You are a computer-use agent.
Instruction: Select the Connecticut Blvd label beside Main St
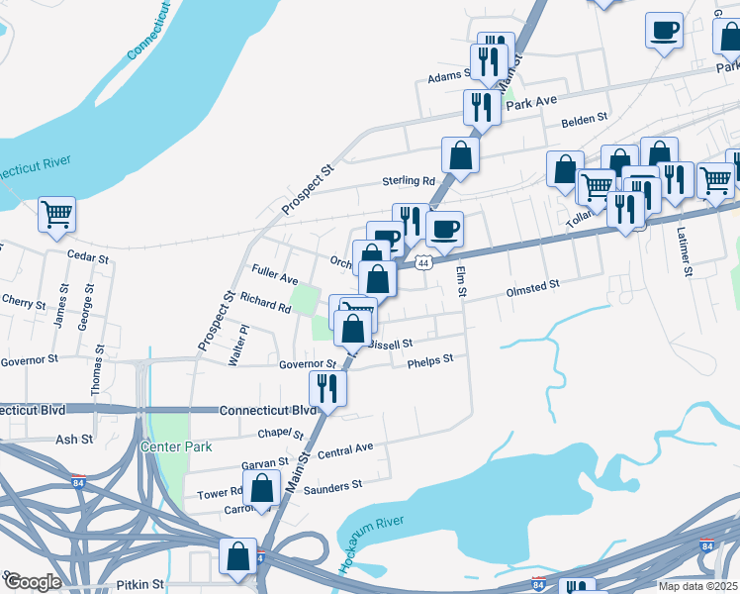pyautogui.click(x=268, y=410)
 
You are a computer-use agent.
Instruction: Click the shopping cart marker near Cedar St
pyautogui.click(x=57, y=213)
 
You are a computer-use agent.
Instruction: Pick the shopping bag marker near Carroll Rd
pyautogui.click(x=262, y=489)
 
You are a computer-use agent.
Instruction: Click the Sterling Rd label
pyautogui.click(x=410, y=181)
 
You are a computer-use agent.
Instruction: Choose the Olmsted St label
pyautogui.click(x=533, y=288)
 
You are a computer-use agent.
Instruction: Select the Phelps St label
pyautogui.click(x=430, y=361)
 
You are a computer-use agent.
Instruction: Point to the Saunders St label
pyautogui.click(x=333, y=486)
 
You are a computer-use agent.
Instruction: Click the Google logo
pyautogui.click(x=32, y=582)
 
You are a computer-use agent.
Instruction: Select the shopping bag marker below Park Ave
pyautogui.click(x=461, y=153)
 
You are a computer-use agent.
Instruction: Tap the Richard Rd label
pyautogui.click(x=265, y=307)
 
